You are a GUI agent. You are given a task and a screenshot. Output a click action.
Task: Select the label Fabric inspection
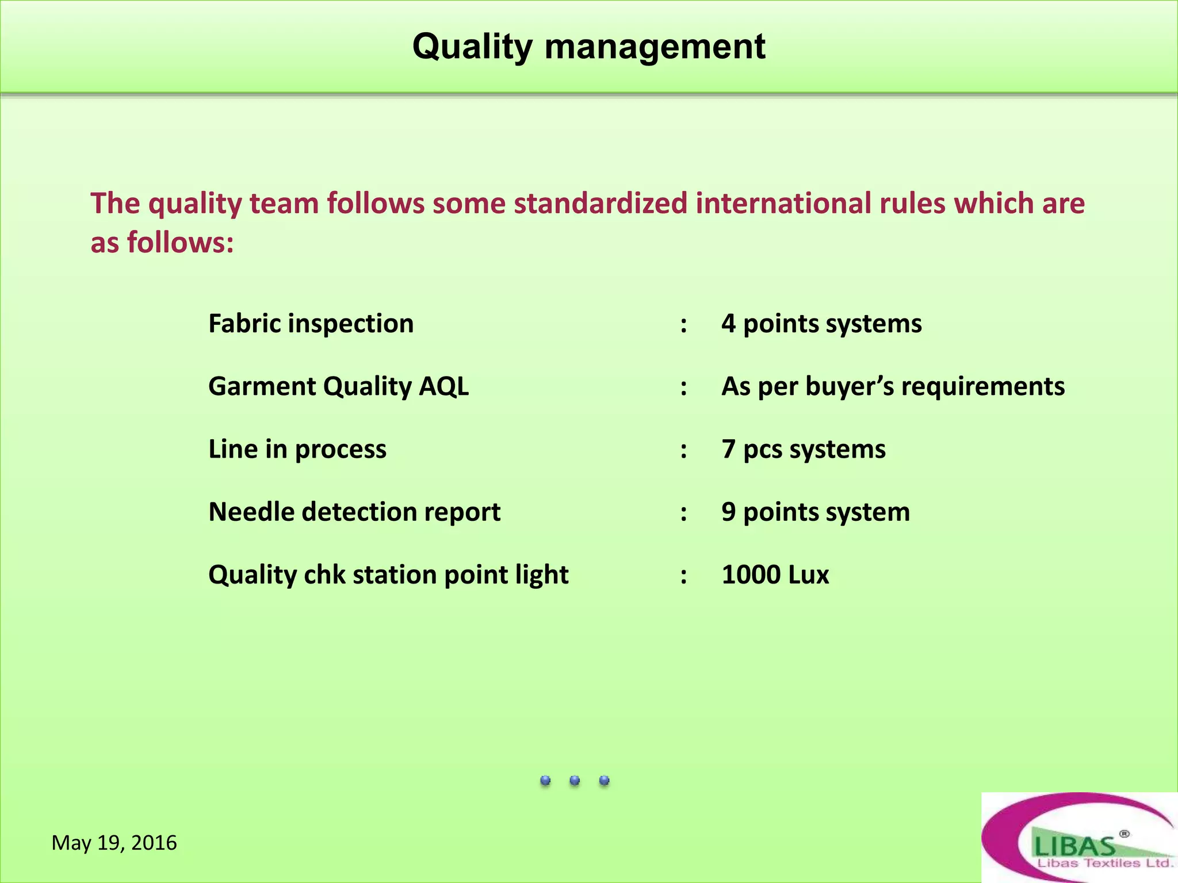coord(311,324)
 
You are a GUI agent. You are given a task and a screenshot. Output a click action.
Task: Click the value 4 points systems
coord(821,324)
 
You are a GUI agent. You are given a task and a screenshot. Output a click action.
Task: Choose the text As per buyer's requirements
coord(893,386)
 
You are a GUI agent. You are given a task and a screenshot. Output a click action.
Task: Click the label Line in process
coord(297,449)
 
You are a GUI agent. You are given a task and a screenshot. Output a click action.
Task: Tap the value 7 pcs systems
coord(803,449)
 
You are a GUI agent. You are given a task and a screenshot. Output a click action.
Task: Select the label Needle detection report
coord(354,512)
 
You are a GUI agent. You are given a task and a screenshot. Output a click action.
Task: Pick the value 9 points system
coord(815,512)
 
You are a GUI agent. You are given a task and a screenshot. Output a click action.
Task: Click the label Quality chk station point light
coord(388,574)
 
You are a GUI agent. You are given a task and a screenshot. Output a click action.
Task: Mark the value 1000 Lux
coord(775,574)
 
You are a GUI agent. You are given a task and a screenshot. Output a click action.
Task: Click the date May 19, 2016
coord(114,843)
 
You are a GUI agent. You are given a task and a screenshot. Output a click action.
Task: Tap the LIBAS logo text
coord(1074,846)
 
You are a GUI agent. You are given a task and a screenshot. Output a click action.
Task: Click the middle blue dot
coord(575,780)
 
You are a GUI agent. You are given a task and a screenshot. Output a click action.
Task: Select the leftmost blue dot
coord(545,780)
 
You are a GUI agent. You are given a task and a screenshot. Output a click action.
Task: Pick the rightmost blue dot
coord(604,780)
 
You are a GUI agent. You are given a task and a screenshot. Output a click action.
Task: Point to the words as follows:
coord(162,242)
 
